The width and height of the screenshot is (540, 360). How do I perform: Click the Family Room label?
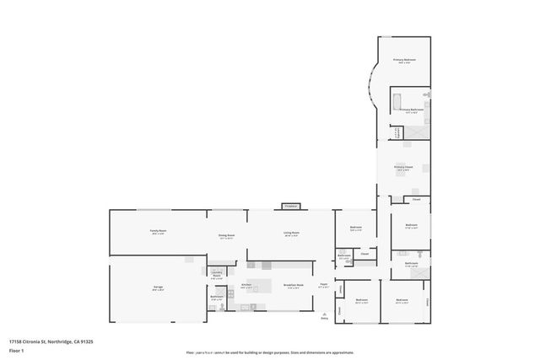coord(158,231)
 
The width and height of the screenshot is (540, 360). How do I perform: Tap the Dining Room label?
coord(226,237)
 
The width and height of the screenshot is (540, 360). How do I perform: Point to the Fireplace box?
coord(291,206)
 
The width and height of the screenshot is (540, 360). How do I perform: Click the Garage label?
coord(158,287)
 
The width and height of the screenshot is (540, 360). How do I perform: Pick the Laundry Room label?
coord(216,273)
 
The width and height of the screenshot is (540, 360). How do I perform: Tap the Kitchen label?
coord(247,286)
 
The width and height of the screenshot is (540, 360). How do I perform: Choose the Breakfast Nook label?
coord(292,286)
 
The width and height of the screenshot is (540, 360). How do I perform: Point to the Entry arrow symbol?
coord(324,317)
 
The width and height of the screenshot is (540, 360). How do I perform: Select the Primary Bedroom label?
coord(405,60)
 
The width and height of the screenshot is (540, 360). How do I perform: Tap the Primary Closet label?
coord(404,167)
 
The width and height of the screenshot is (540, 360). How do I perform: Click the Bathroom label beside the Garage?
coord(217,296)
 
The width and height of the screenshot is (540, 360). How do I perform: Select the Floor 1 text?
coord(16,349)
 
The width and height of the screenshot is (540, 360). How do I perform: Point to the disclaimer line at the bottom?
coord(269,352)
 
